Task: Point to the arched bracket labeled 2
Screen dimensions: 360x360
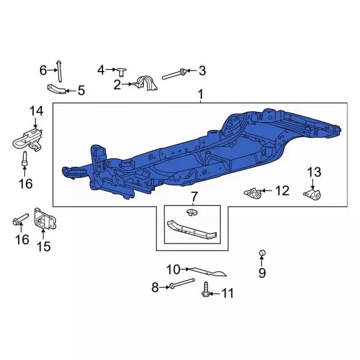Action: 146,82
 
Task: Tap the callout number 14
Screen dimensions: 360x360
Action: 36,111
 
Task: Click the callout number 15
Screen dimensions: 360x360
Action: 43,246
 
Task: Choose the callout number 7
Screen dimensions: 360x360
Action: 194,197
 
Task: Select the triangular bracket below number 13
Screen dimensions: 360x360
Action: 312,194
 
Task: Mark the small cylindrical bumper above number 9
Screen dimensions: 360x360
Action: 262,253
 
